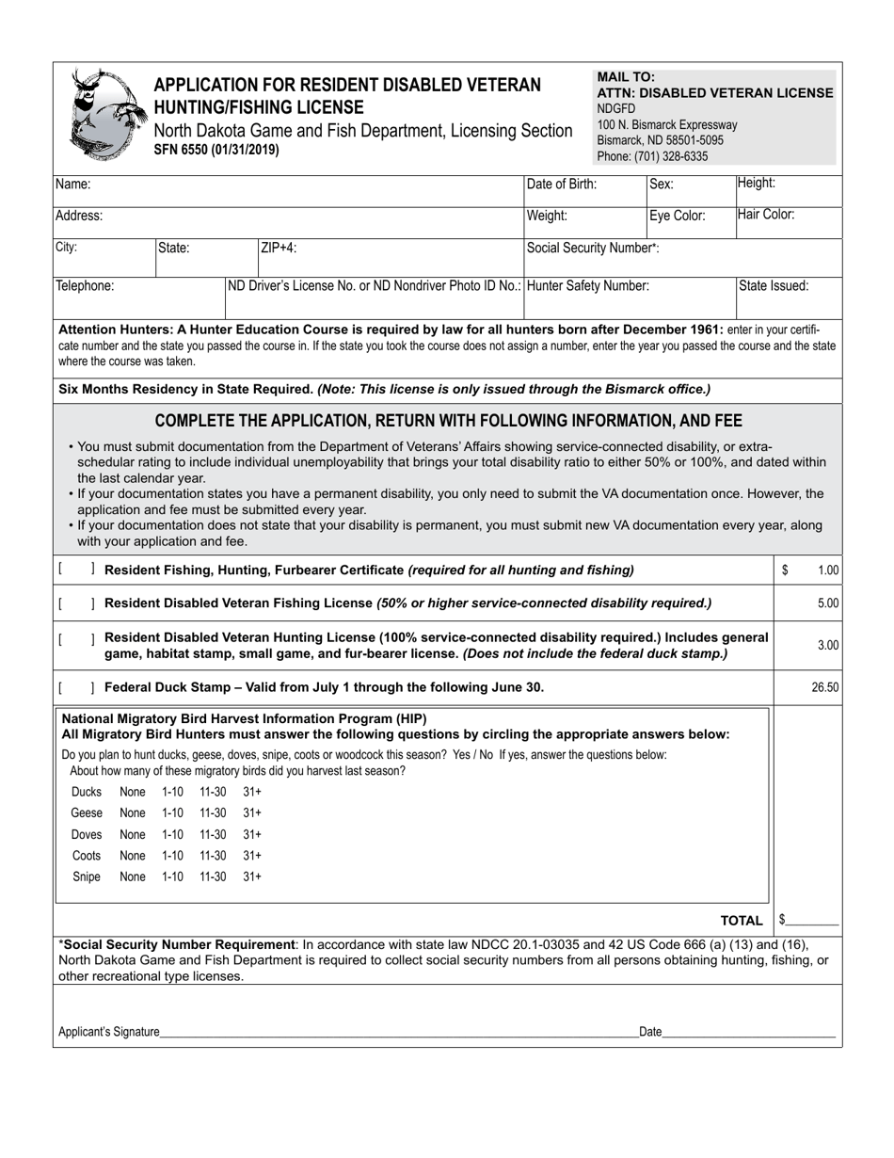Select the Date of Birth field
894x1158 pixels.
pyautogui.click(x=583, y=193)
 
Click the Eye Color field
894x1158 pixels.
pyautogui.click(x=690, y=224)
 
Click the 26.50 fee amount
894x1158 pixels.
pyautogui.click(x=824, y=687)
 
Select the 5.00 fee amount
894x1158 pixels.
pyautogui.click(x=827, y=603)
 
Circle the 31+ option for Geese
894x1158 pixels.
pyautogui.click(x=252, y=813)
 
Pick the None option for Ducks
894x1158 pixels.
pyautogui.click(x=133, y=793)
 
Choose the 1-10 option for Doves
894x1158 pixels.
pyautogui.click(x=172, y=835)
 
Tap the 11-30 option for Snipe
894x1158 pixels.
pyautogui.click(x=213, y=877)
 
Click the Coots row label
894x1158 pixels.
pyautogui.click(x=87, y=856)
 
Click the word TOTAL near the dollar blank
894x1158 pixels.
pyautogui.click(x=742, y=920)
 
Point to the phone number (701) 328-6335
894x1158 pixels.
pyautogui.click(x=652, y=156)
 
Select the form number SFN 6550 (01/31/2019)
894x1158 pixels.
pyautogui.click(x=216, y=149)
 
